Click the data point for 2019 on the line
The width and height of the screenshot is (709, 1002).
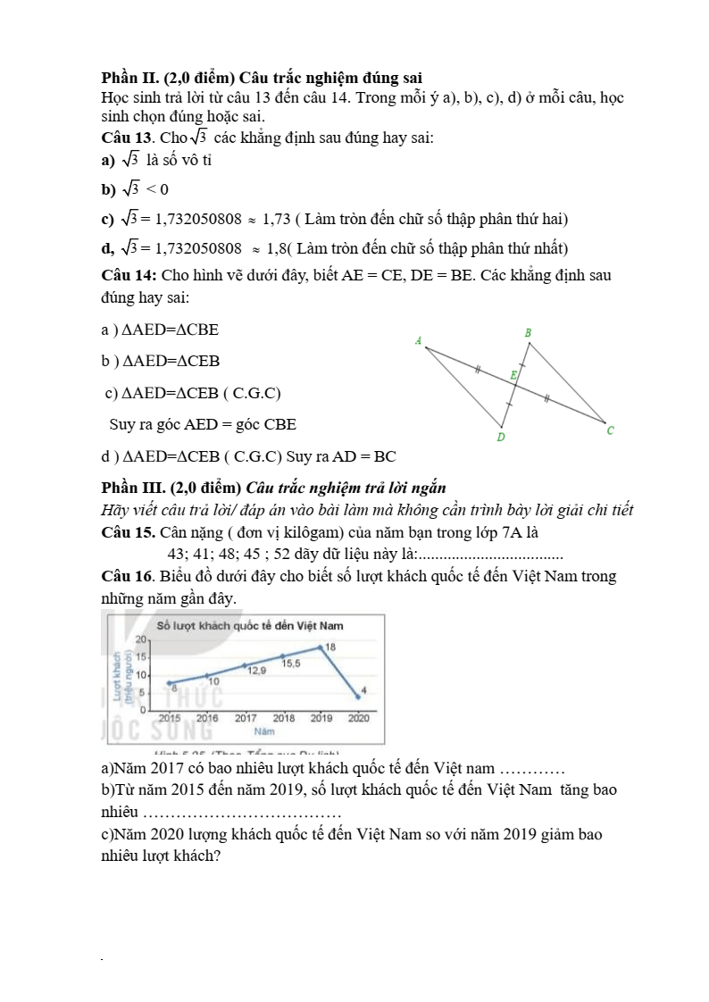(x=321, y=647)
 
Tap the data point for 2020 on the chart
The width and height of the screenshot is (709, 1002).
(x=358, y=697)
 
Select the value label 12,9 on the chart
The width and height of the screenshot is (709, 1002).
(x=256, y=670)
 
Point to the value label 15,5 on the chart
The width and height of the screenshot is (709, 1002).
(x=291, y=664)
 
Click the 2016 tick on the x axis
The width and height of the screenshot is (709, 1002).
(x=207, y=717)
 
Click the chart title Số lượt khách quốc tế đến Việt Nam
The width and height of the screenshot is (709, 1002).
(x=250, y=625)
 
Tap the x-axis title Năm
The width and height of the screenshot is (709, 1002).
(x=263, y=731)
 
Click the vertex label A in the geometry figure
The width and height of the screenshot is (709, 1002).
(x=418, y=340)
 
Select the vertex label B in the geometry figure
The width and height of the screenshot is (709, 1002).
(x=528, y=333)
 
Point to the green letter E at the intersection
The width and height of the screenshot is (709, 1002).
(x=513, y=376)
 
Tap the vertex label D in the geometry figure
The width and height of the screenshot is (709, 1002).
(x=501, y=438)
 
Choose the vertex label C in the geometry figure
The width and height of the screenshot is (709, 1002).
(x=610, y=430)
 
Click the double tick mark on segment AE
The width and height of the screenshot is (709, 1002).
(x=479, y=369)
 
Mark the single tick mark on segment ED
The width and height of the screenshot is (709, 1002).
(x=509, y=405)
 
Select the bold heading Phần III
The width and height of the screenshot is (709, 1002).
(x=133, y=487)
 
